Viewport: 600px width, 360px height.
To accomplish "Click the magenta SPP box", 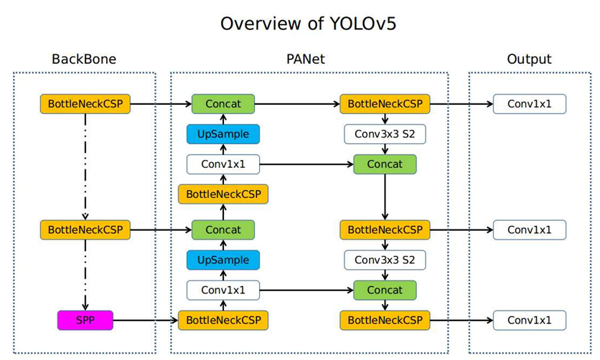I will [x=85, y=320].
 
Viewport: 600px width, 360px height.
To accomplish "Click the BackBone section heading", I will [x=83, y=59].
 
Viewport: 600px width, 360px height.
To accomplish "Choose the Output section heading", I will [x=529, y=59].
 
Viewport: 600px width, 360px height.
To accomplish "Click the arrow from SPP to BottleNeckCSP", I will [x=146, y=320].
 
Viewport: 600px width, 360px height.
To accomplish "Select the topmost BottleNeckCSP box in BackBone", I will [x=85, y=104].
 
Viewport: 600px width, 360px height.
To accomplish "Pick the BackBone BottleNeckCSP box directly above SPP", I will [x=85, y=230].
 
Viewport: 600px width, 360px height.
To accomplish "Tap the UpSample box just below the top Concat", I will [x=222, y=134].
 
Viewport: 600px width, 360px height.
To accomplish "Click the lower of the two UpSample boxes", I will [x=222, y=260].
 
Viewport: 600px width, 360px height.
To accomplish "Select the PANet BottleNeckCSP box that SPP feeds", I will [x=222, y=320].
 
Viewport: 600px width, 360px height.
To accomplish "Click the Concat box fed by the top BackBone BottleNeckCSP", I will [x=222, y=104].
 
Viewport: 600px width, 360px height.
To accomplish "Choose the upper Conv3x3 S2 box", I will [x=385, y=134].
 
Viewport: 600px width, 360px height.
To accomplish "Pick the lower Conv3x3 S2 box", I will [x=385, y=260].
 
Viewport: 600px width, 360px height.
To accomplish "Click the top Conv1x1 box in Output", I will [x=529, y=104].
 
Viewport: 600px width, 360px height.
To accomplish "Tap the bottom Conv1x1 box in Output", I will [x=529, y=320].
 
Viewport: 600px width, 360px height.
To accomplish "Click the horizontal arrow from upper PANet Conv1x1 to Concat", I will [x=306, y=164].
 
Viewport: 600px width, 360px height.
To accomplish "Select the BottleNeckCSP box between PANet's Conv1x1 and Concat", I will [x=222, y=194].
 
